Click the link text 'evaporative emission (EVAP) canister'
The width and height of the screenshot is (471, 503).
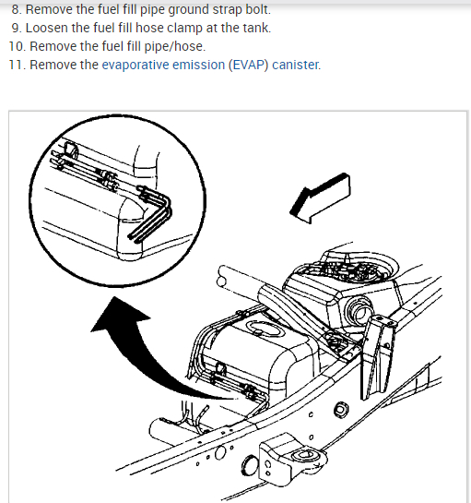point(210,65)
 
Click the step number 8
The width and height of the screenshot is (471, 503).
point(16,9)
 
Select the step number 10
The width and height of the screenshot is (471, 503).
point(17,46)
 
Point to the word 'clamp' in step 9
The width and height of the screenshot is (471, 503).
point(185,29)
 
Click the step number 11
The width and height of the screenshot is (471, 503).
point(17,66)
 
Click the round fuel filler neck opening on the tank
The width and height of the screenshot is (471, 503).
point(359,309)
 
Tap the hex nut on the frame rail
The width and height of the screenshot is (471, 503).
point(341,410)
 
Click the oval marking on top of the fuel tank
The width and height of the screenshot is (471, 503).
point(265,329)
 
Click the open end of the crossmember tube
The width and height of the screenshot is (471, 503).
point(221,281)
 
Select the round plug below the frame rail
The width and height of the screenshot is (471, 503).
point(249,465)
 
